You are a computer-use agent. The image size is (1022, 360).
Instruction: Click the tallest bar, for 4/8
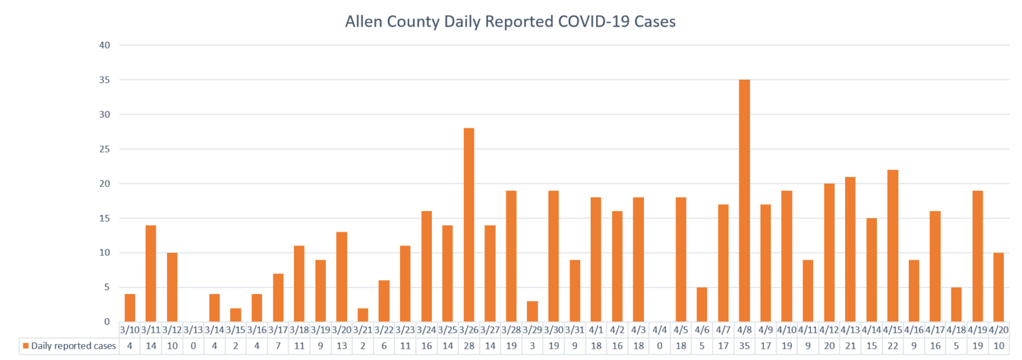(744, 201)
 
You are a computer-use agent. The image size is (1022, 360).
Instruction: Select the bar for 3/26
(468, 225)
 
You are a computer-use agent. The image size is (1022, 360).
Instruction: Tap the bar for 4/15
(893, 246)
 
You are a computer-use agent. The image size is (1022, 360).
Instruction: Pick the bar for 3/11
(150, 273)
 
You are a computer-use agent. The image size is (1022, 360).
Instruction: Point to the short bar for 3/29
(532, 311)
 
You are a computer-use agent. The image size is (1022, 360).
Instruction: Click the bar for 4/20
(999, 287)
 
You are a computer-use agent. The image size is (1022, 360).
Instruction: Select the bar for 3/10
(130, 308)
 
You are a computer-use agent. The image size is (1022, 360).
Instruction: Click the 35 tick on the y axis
(104, 80)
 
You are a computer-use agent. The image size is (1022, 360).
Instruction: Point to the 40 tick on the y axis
(104, 45)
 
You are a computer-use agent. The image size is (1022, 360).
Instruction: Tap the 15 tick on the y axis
(104, 218)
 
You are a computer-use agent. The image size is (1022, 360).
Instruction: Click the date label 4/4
(659, 329)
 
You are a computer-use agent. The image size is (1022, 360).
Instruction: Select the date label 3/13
(193, 329)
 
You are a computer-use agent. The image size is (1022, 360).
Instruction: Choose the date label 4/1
(596, 329)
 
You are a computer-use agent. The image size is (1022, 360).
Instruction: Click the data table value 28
(468, 346)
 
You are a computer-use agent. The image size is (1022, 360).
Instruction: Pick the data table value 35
(744, 346)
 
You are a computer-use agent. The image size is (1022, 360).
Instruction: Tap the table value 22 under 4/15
(893, 346)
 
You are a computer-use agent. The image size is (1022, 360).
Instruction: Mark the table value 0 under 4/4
(659, 346)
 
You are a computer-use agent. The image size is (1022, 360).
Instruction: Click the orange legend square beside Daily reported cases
(26, 346)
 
